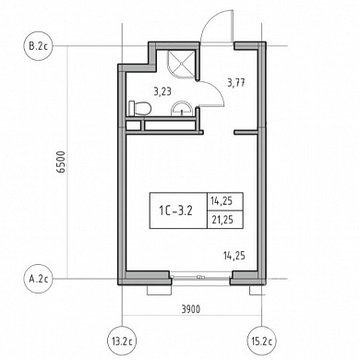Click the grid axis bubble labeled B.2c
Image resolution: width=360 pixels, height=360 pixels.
39,46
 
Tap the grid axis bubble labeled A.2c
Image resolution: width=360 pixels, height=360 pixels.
39,279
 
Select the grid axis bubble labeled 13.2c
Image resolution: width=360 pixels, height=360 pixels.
123,341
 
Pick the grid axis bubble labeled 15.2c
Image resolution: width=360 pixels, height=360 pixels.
261,341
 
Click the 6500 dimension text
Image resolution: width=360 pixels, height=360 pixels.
62,162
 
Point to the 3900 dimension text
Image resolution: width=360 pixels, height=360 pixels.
190,309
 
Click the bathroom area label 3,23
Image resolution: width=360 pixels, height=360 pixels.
162,91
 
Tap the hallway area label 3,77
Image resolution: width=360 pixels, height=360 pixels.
236,83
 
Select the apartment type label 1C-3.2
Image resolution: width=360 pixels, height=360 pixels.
175,210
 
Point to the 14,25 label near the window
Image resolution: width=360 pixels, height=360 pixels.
234,256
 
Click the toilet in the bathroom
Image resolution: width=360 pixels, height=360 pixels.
139,108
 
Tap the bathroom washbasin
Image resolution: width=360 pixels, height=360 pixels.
182,109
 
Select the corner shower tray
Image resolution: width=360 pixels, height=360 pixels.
182,64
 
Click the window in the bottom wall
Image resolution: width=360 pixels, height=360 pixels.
200,277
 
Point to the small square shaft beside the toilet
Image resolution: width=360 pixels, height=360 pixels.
134,126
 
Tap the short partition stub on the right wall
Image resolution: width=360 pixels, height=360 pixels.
246,133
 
